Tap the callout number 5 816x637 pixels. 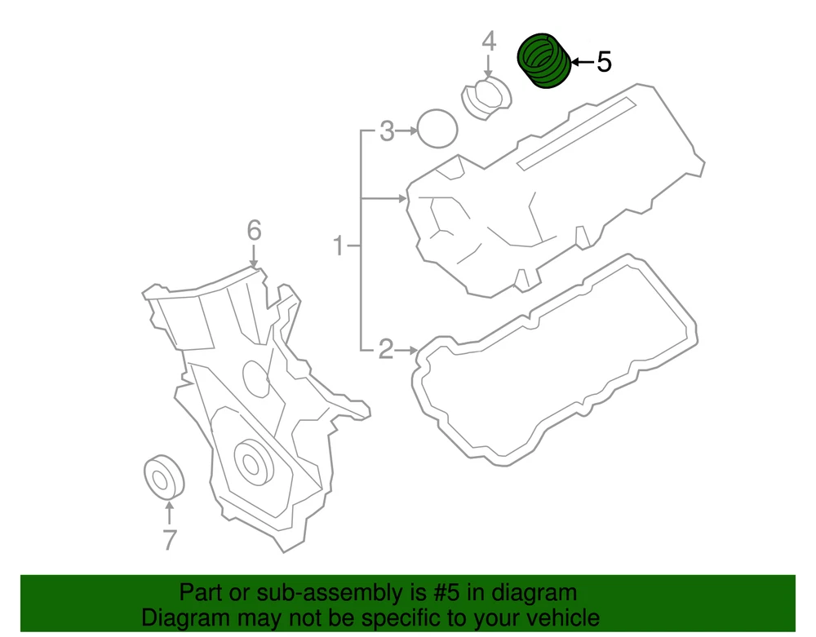tap(604, 62)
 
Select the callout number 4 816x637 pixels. tap(489, 41)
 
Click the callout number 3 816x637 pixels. tap(387, 131)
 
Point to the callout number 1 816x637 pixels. tap(339, 246)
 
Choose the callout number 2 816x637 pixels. tap(386, 349)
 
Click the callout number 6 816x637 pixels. tap(254, 230)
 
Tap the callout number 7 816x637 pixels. tap(169, 539)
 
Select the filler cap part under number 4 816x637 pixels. tap(486, 99)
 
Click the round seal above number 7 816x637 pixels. tap(165, 477)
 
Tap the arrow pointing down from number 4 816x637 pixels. tap(488, 67)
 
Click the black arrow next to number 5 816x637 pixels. tap(583, 62)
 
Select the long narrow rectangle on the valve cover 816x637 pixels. tap(577, 134)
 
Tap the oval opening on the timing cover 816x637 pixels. tap(255, 379)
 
